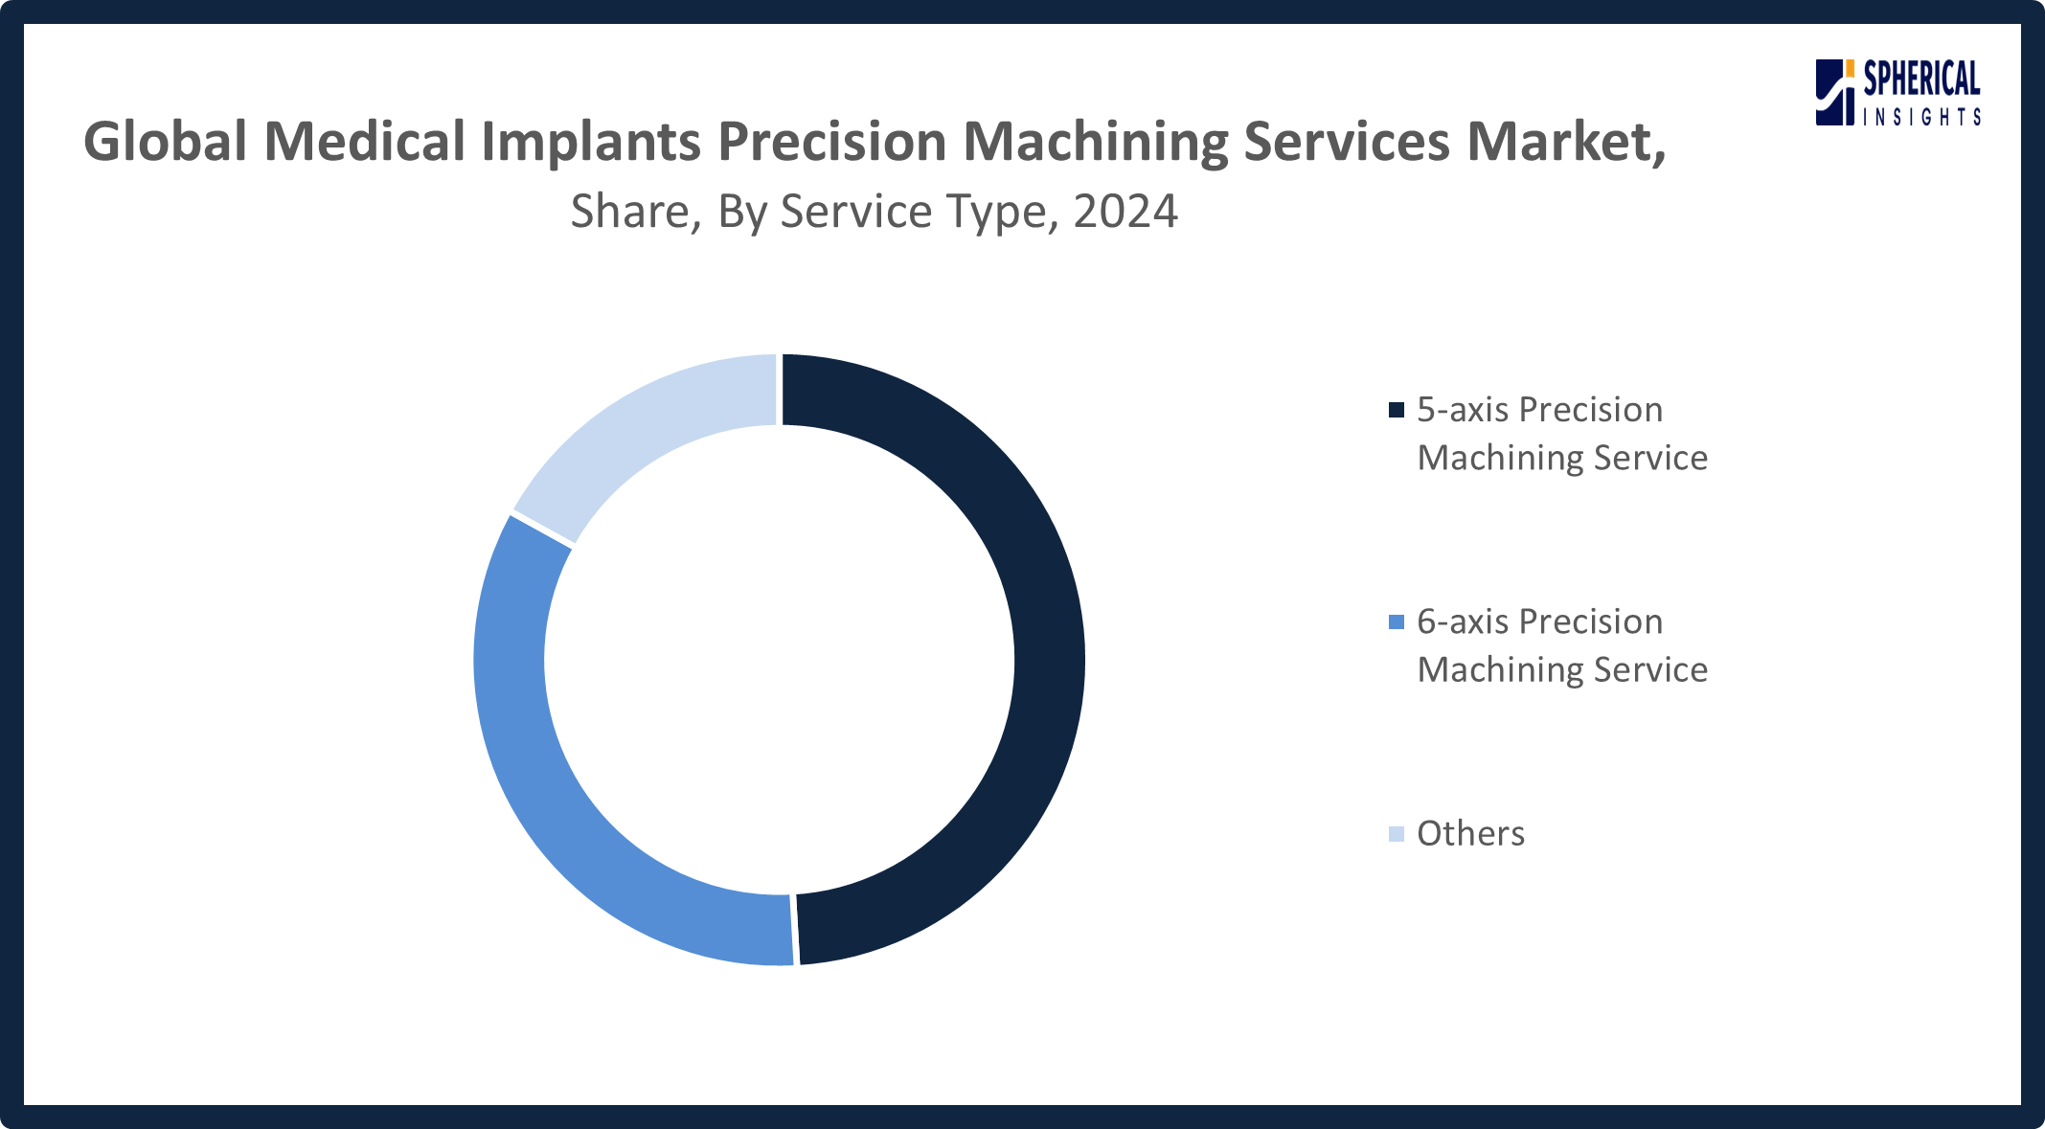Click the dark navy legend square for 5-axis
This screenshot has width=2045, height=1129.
pos(1397,410)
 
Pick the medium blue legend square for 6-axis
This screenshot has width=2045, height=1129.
pos(1397,622)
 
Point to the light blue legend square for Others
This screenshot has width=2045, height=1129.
pos(1397,834)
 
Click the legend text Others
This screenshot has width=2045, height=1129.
pos(1470,834)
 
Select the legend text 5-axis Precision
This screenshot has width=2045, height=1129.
pos(1539,410)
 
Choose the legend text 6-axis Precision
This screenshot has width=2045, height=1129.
pos(1539,622)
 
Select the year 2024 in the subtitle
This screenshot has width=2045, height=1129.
pos(1125,212)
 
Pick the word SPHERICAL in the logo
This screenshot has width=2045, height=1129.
pos(1921,79)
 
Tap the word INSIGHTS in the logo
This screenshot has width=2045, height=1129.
pos(1921,118)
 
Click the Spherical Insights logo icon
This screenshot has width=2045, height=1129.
pos(1835,92)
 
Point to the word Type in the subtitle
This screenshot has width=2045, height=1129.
pos(1002,212)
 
